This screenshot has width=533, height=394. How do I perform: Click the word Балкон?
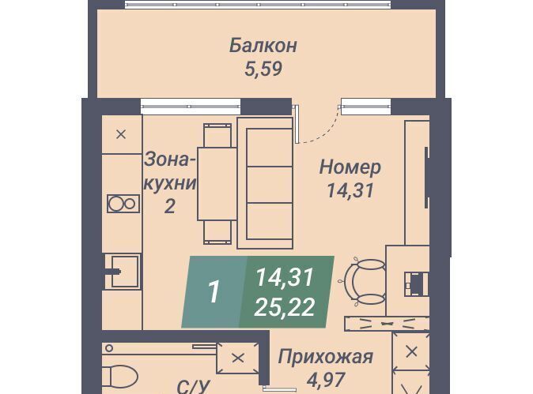pos(263,46)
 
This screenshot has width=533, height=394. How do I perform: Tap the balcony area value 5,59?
pos(263,69)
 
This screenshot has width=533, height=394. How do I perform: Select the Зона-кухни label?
pos(170,171)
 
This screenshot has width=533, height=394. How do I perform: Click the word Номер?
pos(350,167)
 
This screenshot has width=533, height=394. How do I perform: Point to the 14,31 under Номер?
pos(350,190)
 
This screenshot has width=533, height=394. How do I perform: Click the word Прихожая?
pos(326,357)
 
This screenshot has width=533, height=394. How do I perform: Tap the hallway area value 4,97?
pos(327,380)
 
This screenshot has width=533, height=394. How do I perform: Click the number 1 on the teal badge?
pos(214,291)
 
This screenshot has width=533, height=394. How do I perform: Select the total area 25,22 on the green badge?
pos(284,307)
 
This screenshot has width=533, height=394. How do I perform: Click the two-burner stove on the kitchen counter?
pos(123,204)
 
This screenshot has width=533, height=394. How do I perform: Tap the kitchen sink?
pos(123,272)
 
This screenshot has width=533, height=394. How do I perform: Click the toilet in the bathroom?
pos(119,377)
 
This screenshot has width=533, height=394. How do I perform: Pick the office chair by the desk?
pos(365,282)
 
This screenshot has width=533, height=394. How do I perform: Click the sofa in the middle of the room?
pos(265,183)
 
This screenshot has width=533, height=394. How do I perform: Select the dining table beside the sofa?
pos(217,184)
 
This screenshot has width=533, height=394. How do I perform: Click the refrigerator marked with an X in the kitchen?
pos(122,134)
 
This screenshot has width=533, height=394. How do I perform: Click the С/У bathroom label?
pos(193,387)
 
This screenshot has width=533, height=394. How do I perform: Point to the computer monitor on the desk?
pos(415,283)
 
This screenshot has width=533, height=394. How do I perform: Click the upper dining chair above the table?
pos(217,135)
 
